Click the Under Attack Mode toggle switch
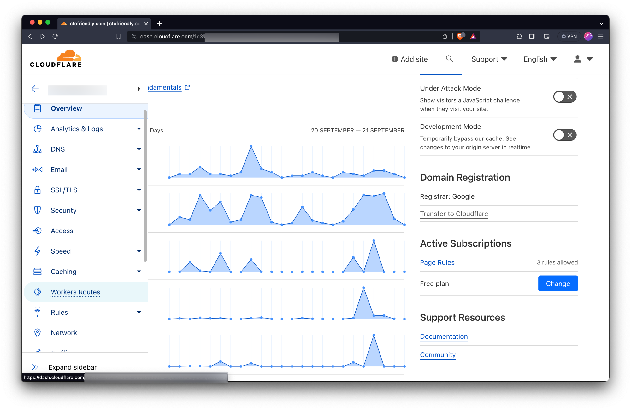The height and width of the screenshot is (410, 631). point(564,97)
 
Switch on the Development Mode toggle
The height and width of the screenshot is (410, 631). point(564,135)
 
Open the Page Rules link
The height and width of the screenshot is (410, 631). point(437,262)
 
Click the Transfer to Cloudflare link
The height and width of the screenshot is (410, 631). point(454,214)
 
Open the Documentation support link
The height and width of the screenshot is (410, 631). point(444,337)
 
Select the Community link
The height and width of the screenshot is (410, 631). point(438,355)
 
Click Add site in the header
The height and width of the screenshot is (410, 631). point(410,59)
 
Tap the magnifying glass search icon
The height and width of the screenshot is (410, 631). point(449,59)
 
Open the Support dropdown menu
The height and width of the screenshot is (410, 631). point(489,59)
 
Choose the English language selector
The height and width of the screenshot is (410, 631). point(540,59)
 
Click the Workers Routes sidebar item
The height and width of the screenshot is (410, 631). point(75,292)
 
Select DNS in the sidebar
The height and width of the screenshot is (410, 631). point(58,149)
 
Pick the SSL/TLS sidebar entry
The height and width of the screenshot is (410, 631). point(64,190)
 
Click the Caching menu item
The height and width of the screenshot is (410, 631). point(63,272)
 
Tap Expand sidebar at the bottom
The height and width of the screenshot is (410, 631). point(72,367)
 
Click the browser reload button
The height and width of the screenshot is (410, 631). point(55,37)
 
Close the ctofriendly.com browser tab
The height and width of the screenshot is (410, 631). point(146,24)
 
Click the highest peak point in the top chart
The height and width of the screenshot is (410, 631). point(251,146)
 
